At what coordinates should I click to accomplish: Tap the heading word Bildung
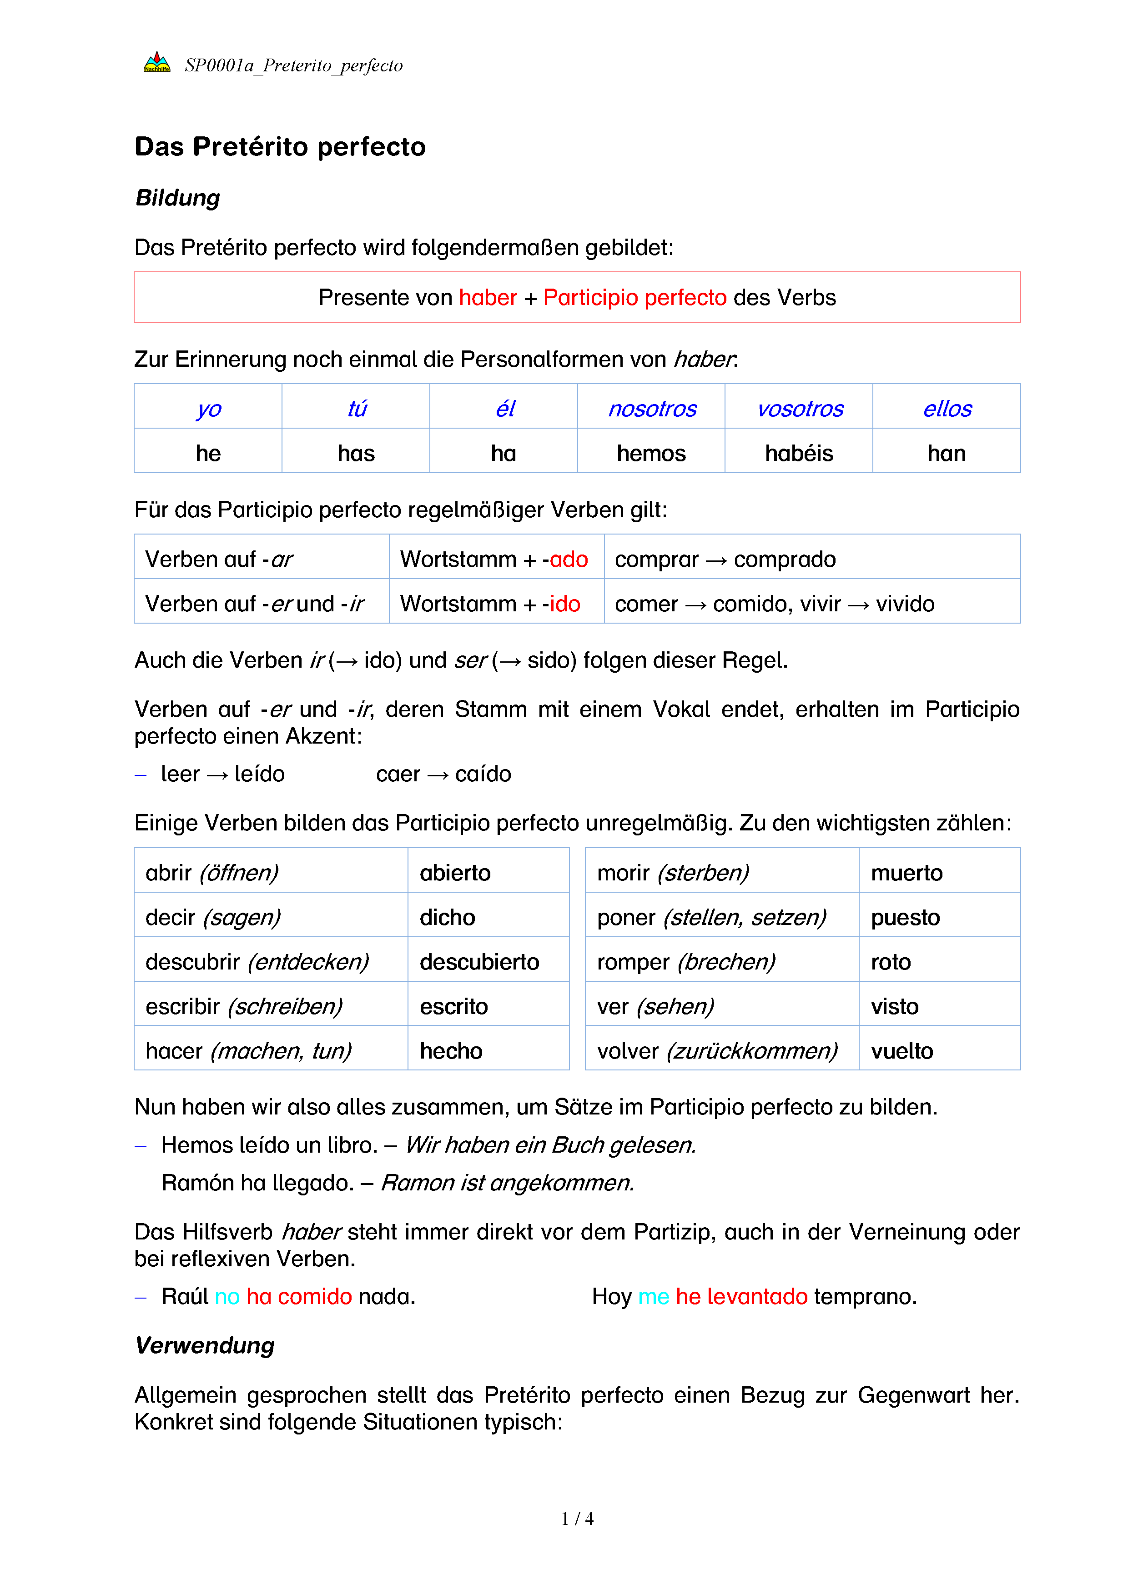tap(178, 198)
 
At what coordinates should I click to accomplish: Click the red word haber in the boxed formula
tap(488, 298)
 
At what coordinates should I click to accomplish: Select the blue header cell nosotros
tap(651, 409)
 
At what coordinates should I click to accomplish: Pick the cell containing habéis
tap(799, 453)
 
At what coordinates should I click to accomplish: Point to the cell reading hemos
tap(651, 453)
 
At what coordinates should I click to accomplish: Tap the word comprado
tap(785, 560)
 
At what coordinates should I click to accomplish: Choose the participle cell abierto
tap(455, 873)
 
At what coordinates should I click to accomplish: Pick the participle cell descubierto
tap(479, 962)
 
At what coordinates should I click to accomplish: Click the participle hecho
tap(451, 1051)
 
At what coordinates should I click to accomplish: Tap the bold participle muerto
tap(906, 873)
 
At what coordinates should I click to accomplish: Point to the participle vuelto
tap(901, 1051)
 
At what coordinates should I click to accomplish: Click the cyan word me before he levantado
tap(653, 1297)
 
